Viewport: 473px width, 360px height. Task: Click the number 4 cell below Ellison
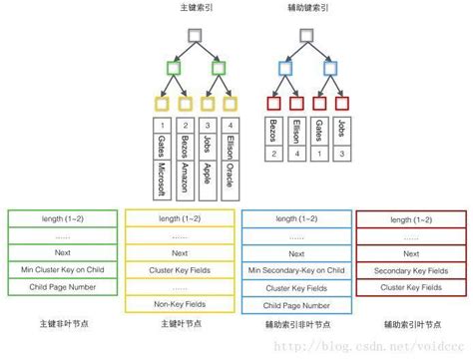click(x=297, y=155)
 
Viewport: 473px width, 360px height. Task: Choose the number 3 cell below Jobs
click(x=343, y=155)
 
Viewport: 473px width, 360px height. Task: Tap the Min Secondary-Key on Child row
click(x=296, y=270)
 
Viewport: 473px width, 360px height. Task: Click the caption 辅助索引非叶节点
click(x=296, y=324)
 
